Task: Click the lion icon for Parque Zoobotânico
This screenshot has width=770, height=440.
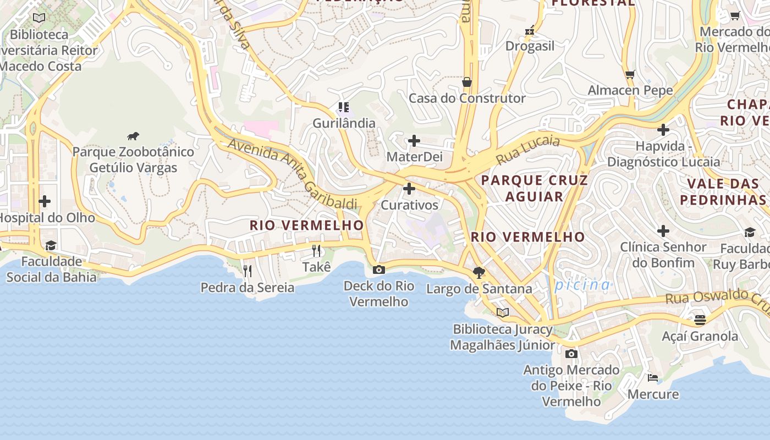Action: [133, 136]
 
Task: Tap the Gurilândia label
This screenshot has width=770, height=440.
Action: [344, 123]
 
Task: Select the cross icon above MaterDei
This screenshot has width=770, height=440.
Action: [414, 141]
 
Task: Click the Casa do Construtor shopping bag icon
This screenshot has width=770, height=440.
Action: [467, 82]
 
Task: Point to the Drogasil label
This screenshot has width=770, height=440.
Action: [530, 46]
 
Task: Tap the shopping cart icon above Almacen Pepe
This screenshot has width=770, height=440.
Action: [630, 74]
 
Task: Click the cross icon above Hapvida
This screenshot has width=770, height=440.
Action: [663, 130]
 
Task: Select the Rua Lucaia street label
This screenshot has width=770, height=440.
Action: [528, 150]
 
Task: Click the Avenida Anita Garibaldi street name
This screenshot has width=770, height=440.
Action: [292, 173]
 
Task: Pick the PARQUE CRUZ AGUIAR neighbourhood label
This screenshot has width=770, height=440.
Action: [534, 188]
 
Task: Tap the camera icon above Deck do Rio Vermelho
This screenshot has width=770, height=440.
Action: [378, 269]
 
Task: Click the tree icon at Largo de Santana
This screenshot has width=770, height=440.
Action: [479, 272]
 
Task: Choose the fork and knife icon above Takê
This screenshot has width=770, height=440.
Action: [316, 251]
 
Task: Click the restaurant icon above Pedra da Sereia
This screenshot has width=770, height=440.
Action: [248, 271]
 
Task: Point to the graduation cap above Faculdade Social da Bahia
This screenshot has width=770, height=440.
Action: [51, 245]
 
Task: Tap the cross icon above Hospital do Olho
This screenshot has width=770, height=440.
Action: [45, 201]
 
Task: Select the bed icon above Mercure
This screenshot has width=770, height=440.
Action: [653, 377]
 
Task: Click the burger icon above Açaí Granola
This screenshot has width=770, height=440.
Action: [700, 320]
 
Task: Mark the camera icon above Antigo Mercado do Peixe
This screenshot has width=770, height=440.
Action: [571, 354]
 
